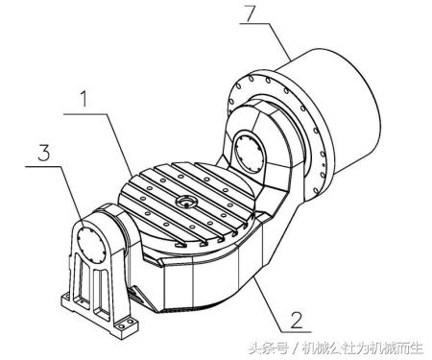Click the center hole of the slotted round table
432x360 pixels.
pos(184,202)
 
